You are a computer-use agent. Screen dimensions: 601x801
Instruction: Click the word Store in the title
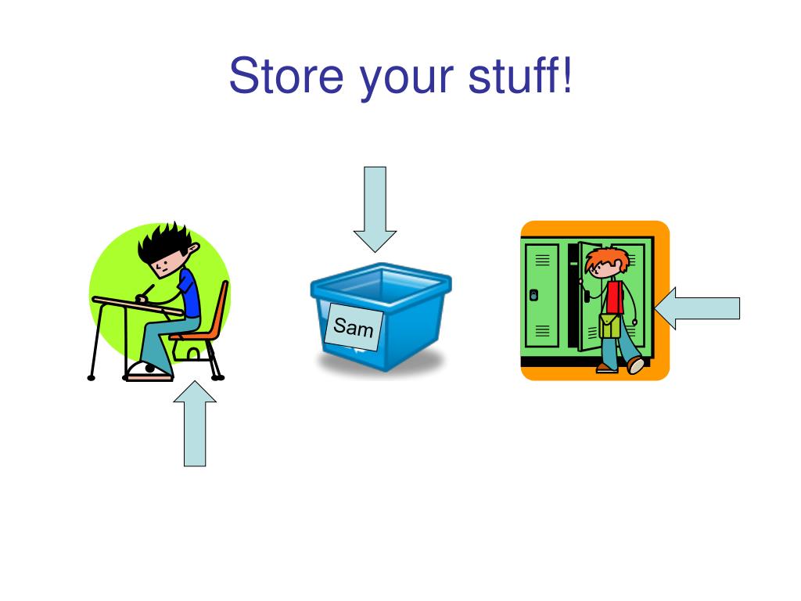pyautogui.click(x=286, y=75)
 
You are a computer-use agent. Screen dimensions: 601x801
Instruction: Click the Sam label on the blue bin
pyautogui.click(x=354, y=327)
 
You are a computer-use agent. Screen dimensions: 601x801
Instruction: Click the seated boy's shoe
pyautogui.click(x=149, y=370)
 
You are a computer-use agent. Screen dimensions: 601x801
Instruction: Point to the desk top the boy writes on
pyautogui.click(x=137, y=305)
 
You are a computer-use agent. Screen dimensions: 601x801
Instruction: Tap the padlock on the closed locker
pyautogui.click(x=534, y=295)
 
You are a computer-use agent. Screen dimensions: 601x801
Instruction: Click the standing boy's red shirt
pyautogui.click(x=615, y=297)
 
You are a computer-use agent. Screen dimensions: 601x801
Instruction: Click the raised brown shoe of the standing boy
pyautogui.click(x=636, y=365)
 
